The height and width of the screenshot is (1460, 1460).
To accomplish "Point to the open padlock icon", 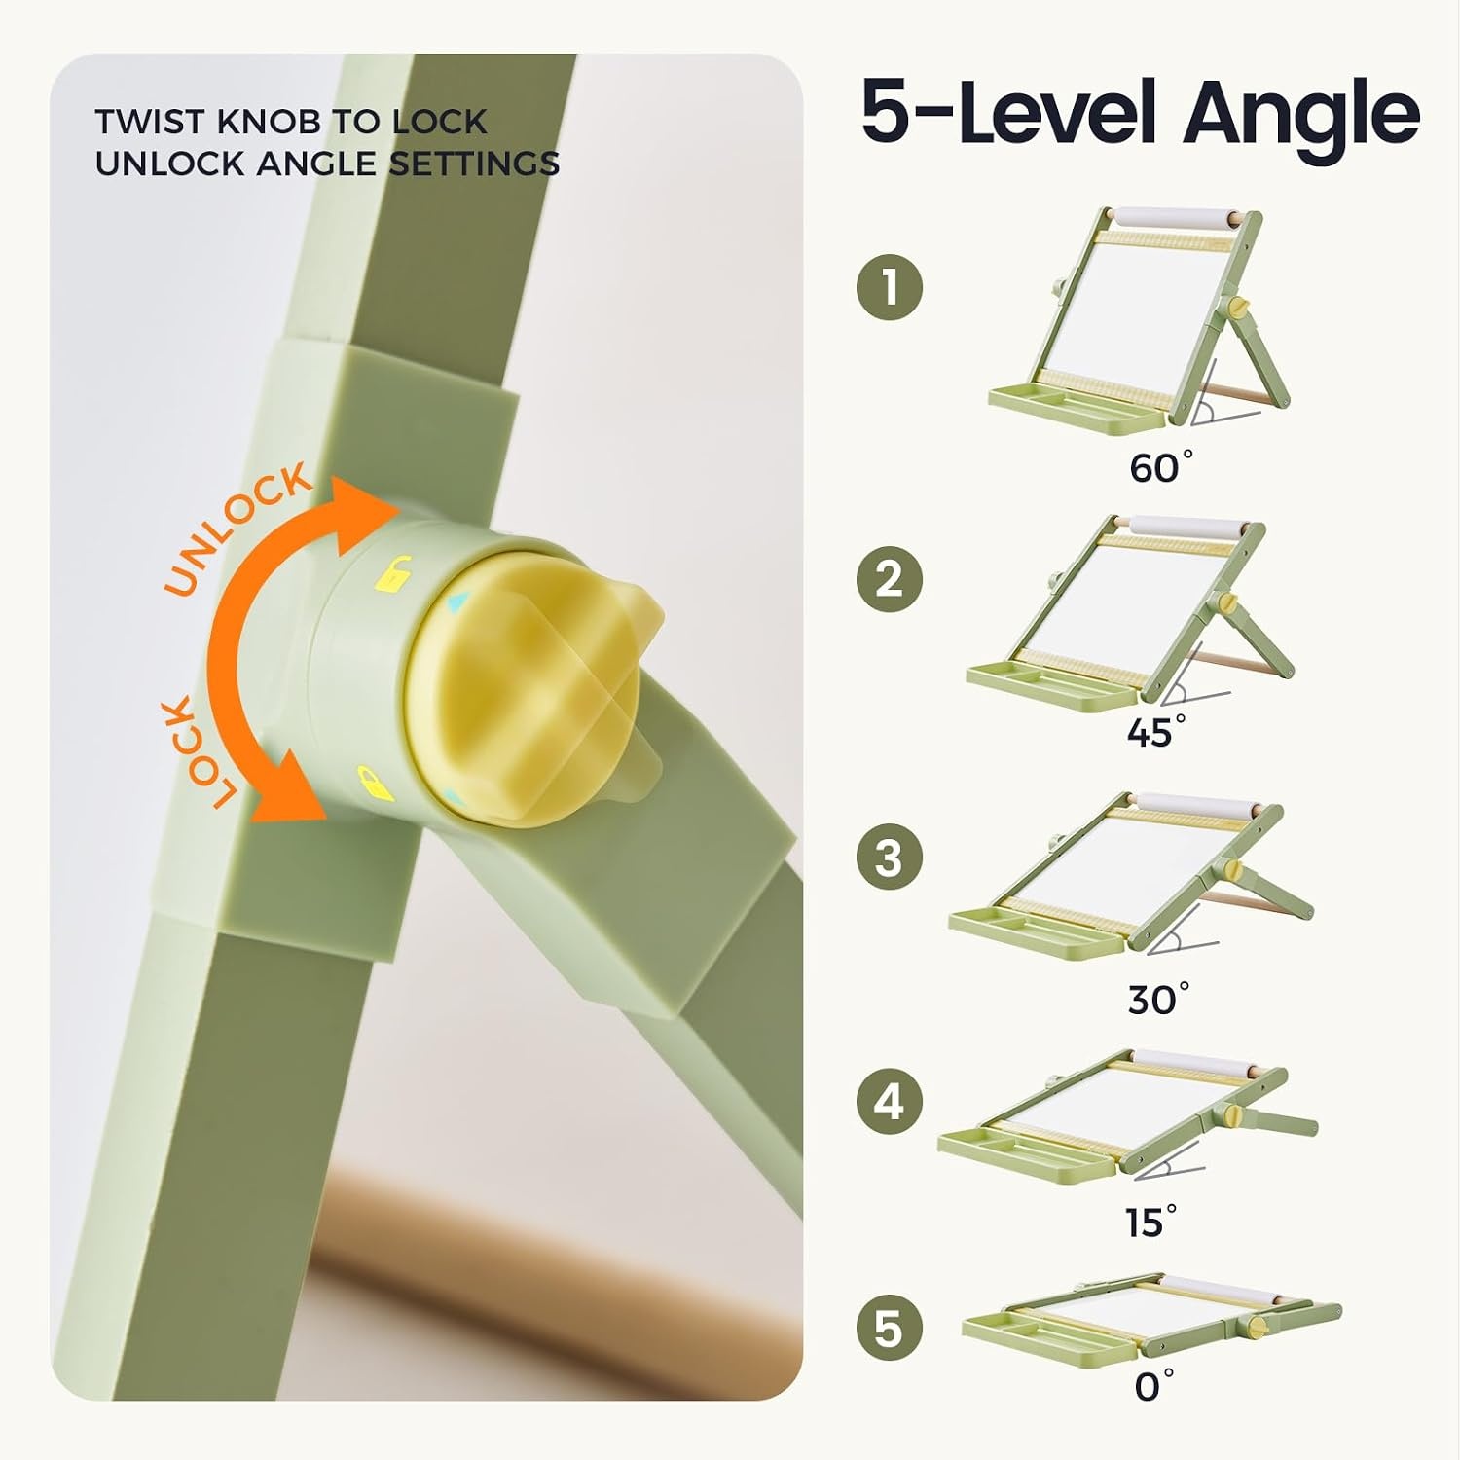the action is (x=395, y=573).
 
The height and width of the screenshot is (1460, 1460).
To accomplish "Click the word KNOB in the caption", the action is (x=272, y=122).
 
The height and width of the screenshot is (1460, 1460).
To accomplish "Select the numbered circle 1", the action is (x=890, y=287).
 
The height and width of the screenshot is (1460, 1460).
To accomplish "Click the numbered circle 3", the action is (x=890, y=858).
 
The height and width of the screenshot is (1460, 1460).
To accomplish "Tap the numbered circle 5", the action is (x=890, y=1329).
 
